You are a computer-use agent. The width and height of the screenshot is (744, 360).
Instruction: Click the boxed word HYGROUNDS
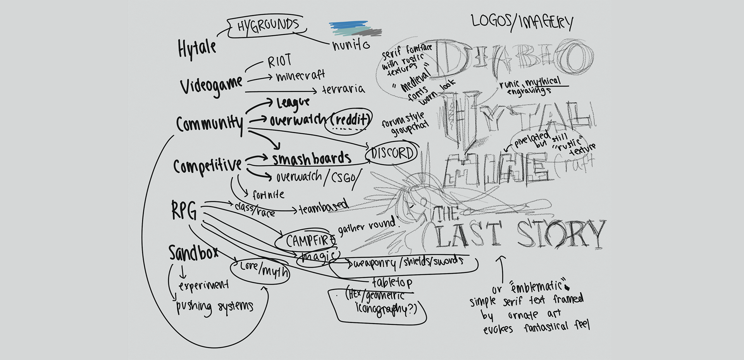(268, 26)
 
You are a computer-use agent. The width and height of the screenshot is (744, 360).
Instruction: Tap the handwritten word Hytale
(197, 49)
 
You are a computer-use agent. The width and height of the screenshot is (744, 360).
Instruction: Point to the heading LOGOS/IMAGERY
(522, 22)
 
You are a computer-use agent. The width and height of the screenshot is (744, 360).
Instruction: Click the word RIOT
(279, 61)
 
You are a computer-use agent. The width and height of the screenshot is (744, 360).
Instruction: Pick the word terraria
(343, 89)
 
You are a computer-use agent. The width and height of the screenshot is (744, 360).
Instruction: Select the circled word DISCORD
(393, 153)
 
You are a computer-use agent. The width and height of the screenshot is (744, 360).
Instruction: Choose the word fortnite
(268, 194)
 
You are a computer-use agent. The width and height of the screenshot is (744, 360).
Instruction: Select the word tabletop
(392, 282)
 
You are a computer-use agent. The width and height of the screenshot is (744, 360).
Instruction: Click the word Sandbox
(193, 253)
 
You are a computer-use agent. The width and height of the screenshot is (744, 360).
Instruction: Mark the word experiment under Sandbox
(203, 286)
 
